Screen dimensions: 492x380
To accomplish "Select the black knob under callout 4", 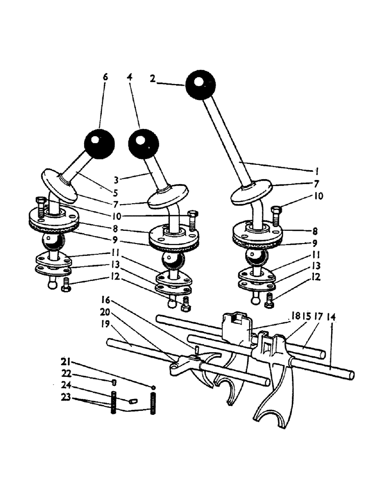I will click(143, 144).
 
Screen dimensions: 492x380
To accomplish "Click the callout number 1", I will click(317, 172).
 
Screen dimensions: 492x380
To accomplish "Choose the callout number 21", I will click(64, 363).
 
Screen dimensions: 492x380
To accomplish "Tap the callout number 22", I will click(64, 373).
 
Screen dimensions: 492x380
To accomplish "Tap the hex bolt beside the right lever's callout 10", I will click(276, 213).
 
